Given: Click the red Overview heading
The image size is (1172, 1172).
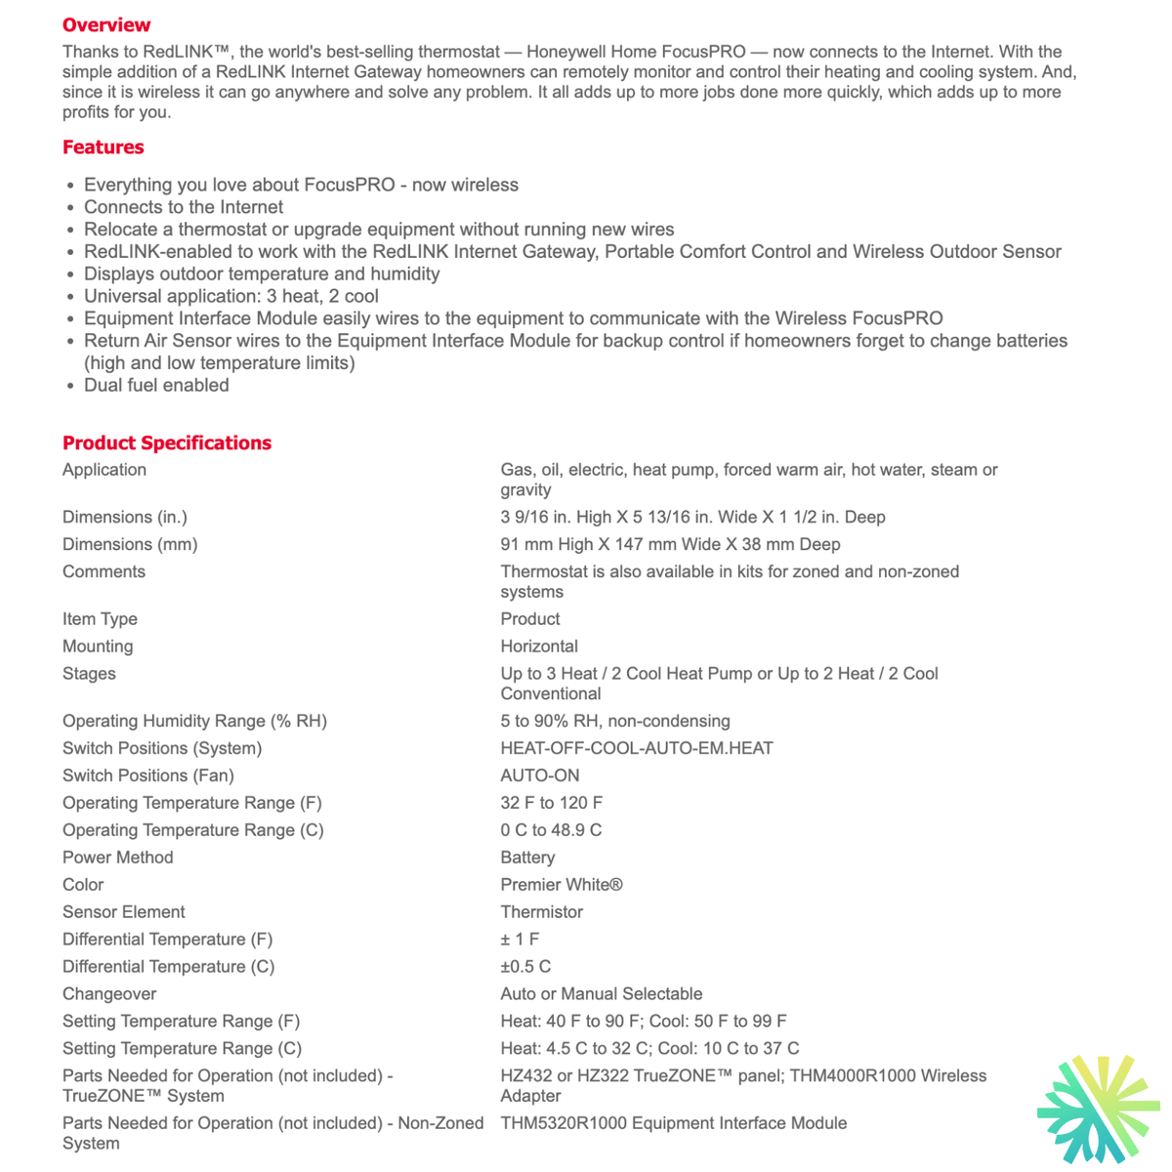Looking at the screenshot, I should coord(106,24).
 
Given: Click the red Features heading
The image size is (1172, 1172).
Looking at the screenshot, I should coord(103,147).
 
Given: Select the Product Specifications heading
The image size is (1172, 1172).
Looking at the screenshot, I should coord(167,442).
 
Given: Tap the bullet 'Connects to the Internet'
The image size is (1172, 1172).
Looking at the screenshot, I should coord(184,207).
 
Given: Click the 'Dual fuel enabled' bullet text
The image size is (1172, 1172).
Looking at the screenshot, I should coord(156,385).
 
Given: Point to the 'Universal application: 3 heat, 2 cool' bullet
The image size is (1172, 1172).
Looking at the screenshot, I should coord(230,296).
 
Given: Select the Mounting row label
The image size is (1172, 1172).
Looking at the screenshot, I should coord(98,647).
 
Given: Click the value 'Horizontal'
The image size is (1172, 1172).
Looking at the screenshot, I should coord(539,647).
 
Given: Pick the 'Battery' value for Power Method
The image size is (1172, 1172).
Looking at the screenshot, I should coord(527,858).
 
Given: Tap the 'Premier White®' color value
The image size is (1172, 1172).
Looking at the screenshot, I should coord(562,885).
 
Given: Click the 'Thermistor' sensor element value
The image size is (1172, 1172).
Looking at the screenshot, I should coord(541,912).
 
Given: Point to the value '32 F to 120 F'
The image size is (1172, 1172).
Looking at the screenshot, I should coord(552,803).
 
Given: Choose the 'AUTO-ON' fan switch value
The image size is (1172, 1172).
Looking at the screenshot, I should coord(540,775).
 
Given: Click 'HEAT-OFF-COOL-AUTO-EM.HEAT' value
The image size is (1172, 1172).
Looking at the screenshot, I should coord(637,748).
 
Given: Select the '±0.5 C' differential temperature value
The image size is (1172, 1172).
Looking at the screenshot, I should coord(525,967).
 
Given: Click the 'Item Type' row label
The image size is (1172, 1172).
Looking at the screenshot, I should coord(100,619).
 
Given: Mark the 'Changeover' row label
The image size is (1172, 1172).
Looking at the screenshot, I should coord(109,994).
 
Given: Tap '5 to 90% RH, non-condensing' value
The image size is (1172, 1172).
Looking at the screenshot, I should coord(615,721).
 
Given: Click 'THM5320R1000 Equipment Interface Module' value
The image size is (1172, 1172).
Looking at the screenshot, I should coord(674,1123).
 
